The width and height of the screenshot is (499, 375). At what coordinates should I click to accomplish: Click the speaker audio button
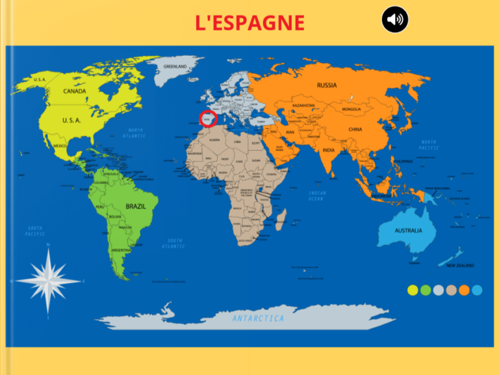(394, 19)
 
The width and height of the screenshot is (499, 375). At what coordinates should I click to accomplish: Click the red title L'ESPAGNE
(250, 23)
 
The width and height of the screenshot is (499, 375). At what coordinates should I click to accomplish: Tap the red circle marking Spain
(207, 119)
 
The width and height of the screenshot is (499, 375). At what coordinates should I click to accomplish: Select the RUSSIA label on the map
(327, 85)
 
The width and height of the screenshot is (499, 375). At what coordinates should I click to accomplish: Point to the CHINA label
(355, 129)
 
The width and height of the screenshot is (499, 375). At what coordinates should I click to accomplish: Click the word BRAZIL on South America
(136, 206)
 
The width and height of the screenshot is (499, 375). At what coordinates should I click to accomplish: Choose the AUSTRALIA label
(408, 231)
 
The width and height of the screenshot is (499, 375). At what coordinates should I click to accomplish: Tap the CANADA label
(74, 92)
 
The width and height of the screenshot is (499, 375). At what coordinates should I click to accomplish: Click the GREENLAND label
(175, 66)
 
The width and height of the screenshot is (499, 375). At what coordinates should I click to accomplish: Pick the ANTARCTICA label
(258, 318)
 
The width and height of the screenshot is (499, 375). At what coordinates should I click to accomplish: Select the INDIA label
(329, 151)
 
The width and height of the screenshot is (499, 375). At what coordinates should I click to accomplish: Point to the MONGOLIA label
(355, 109)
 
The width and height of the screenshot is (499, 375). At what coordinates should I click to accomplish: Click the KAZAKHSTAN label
(303, 105)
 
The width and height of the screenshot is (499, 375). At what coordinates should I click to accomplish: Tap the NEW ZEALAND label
(459, 265)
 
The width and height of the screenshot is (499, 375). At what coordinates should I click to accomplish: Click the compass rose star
(48, 280)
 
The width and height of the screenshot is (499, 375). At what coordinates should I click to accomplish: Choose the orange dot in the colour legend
(464, 291)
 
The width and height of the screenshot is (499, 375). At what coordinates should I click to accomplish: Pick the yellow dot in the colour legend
(413, 291)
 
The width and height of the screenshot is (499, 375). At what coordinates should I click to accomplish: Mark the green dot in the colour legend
(426, 291)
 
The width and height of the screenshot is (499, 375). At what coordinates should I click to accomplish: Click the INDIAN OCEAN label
(316, 196)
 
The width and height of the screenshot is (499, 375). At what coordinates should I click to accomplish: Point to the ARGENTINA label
(121, 250)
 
